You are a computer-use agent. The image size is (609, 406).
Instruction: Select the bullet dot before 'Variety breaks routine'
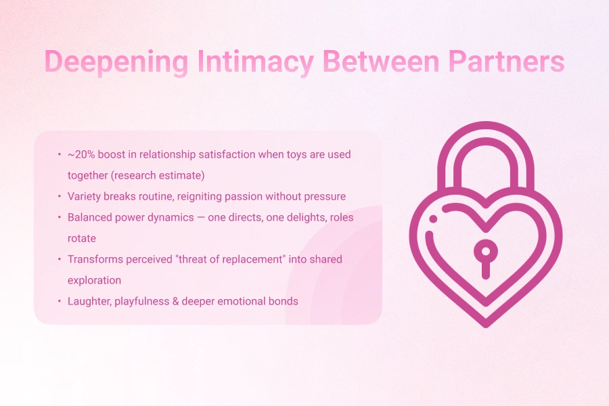click(x=59, y=197)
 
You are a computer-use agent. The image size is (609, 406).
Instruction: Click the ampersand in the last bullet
click(x=176, y=301)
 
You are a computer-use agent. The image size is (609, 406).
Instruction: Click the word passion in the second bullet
click(x=257, y=196)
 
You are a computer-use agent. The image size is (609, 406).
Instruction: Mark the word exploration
click(x=94, y=280)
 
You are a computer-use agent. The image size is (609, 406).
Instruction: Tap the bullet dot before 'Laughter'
click(x=59, y=302)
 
